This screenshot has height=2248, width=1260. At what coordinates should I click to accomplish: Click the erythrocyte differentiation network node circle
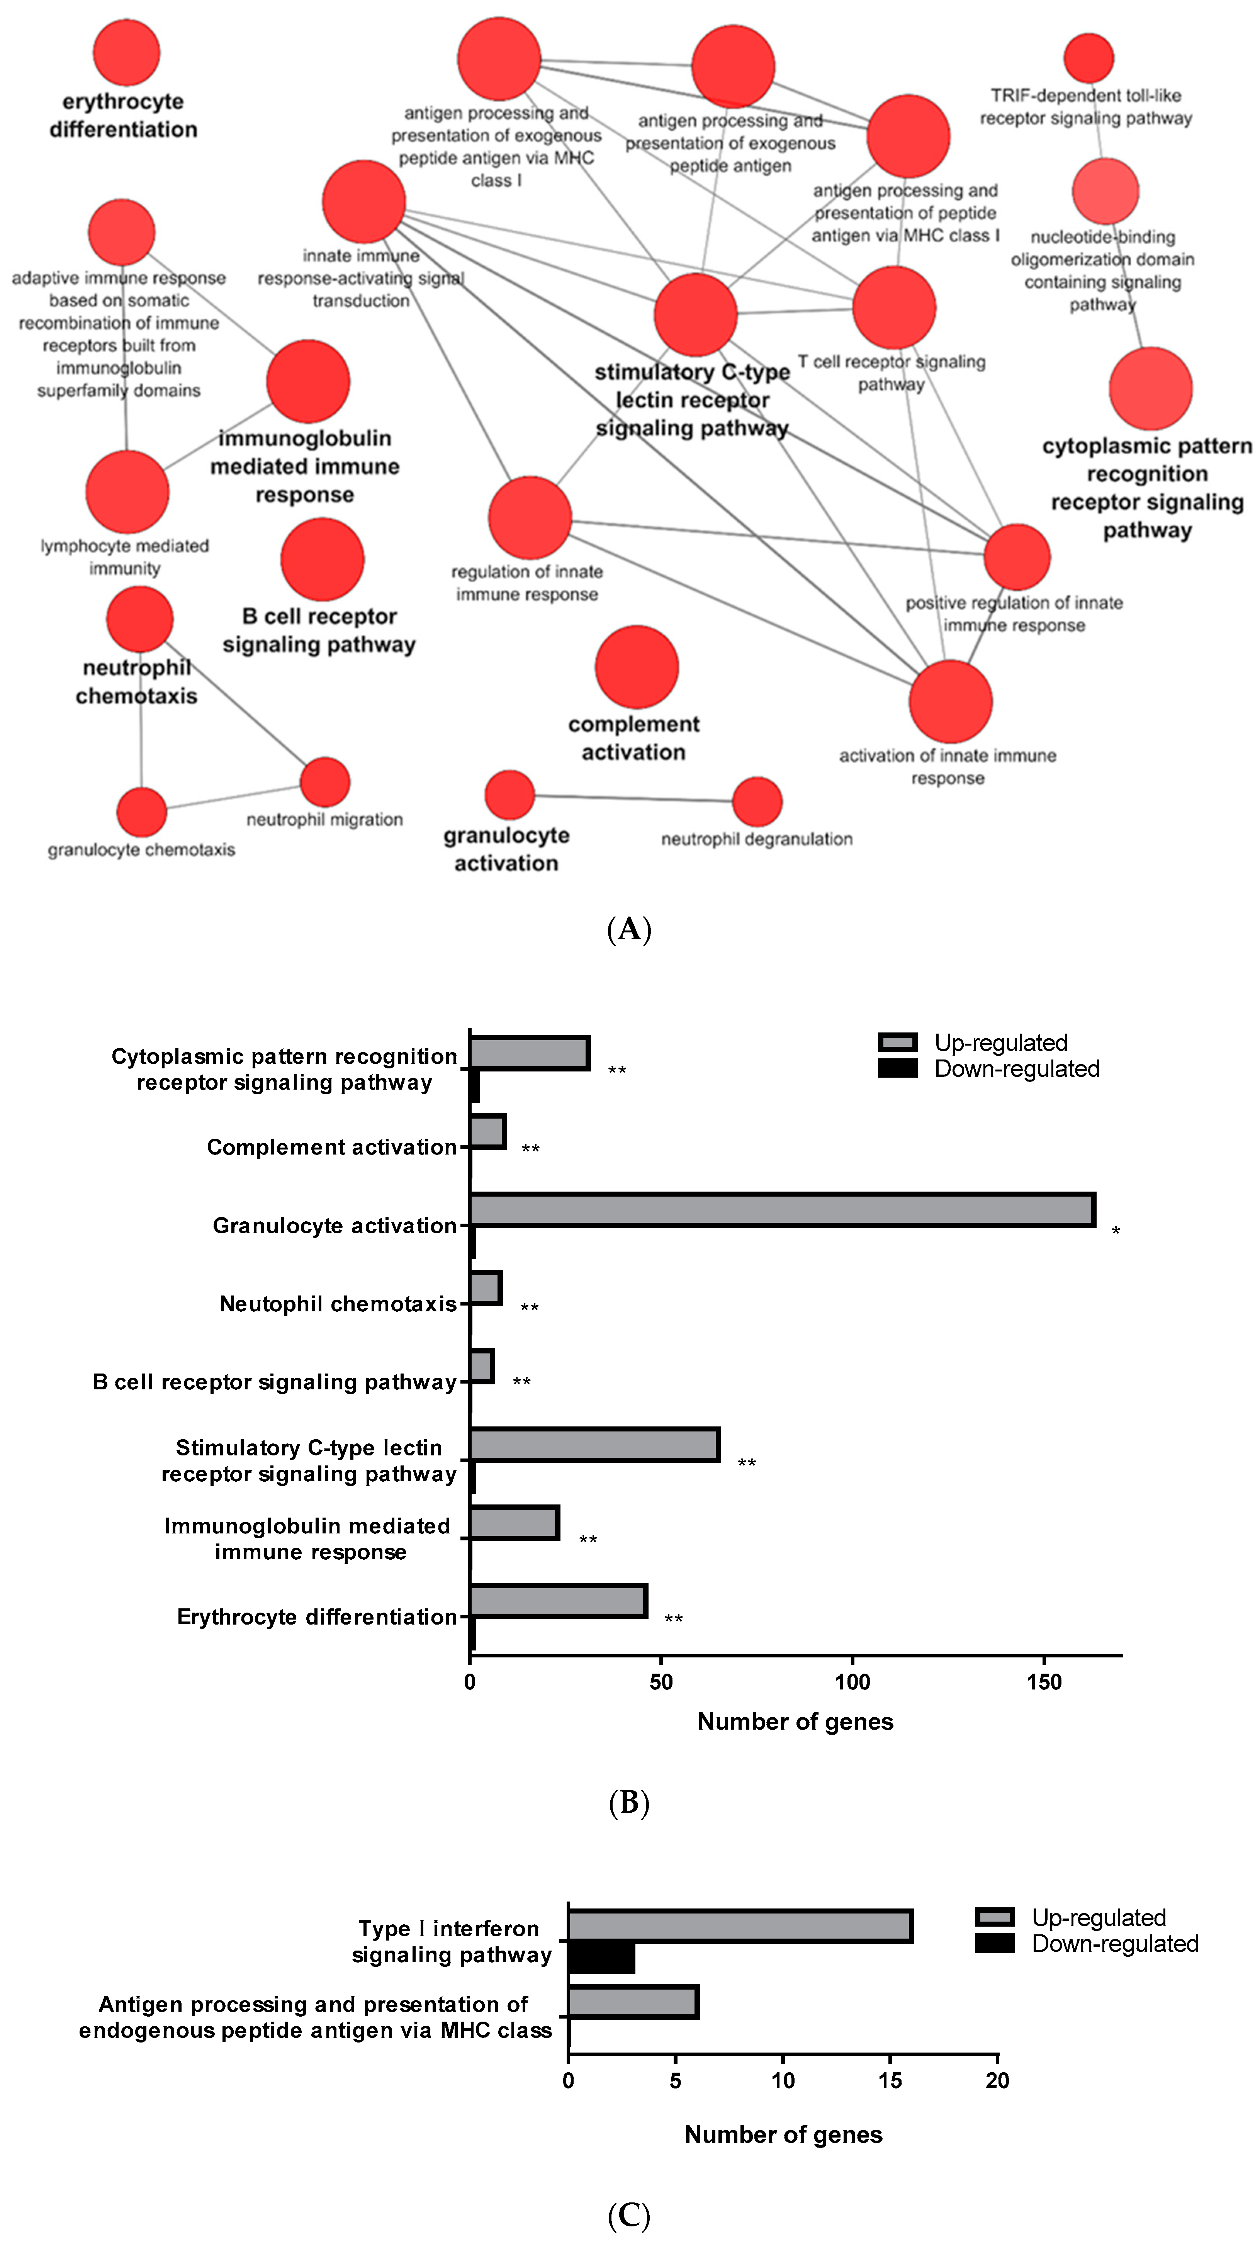click(127, 53)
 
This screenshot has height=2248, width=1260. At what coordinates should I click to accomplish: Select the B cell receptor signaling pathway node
click(322, 559)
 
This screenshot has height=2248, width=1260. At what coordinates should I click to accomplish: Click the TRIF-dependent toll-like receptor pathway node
click(1088, 58)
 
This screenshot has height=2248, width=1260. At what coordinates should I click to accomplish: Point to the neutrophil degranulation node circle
click(757, 801)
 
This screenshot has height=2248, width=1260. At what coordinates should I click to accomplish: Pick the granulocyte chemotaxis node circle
click(141, 812)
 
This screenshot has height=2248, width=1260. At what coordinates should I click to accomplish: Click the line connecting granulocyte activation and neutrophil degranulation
click(633, 798)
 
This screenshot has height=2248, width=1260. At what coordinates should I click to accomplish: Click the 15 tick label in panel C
click(890, 2080)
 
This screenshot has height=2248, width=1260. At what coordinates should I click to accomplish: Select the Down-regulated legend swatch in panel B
click(897, 1069)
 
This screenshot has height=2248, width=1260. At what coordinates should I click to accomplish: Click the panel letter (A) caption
click(629, 929)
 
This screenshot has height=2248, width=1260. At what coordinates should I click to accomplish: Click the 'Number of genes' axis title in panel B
click(795, 1722)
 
